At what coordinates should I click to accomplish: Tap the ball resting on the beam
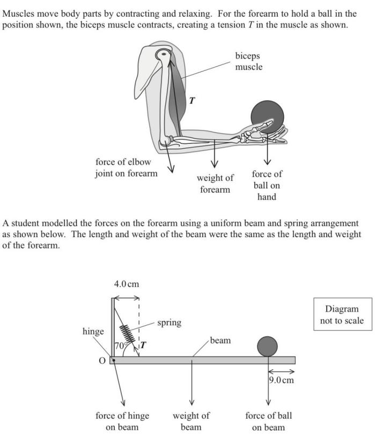267,346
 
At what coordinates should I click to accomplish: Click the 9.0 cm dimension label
282,380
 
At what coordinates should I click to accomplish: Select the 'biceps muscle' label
248,61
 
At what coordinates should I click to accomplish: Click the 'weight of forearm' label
215,184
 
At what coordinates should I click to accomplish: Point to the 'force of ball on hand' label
267,185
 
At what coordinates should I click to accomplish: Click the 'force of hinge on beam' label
122,421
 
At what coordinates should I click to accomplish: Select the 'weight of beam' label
191,421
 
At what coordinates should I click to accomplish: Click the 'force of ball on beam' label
268,421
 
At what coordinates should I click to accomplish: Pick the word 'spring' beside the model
169,323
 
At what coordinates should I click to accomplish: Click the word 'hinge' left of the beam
93,332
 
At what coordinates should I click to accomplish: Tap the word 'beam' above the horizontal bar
220,340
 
